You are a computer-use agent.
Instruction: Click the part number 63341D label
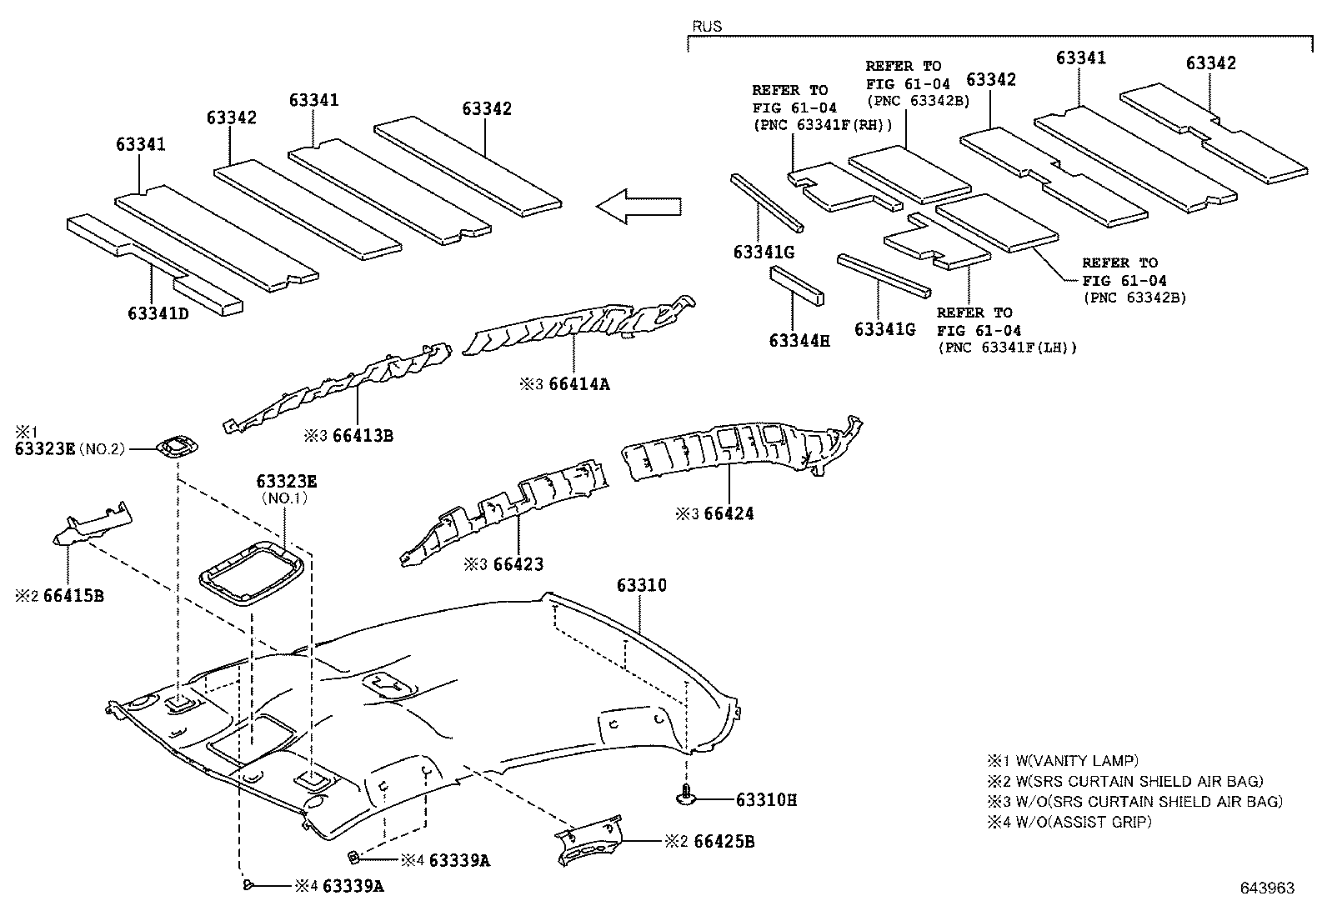click(x=158, y=313)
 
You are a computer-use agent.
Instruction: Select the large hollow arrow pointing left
click(x=638, y=206)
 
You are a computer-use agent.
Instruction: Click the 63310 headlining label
click(x=642, y=585)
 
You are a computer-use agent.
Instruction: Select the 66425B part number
click(x=721, y=842)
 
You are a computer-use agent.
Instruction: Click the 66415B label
click(x=73, y=596)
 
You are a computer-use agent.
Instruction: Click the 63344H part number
click(x=799, y=340)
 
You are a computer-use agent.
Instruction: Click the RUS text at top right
click(x=707, y=26)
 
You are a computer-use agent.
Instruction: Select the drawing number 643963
click(x=1266, y=888)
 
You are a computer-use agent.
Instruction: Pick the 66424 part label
click(x=729, y=513)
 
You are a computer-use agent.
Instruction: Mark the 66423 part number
click(x=518, y=564)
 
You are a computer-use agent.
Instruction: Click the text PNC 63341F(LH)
click(x=1007, y=348)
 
